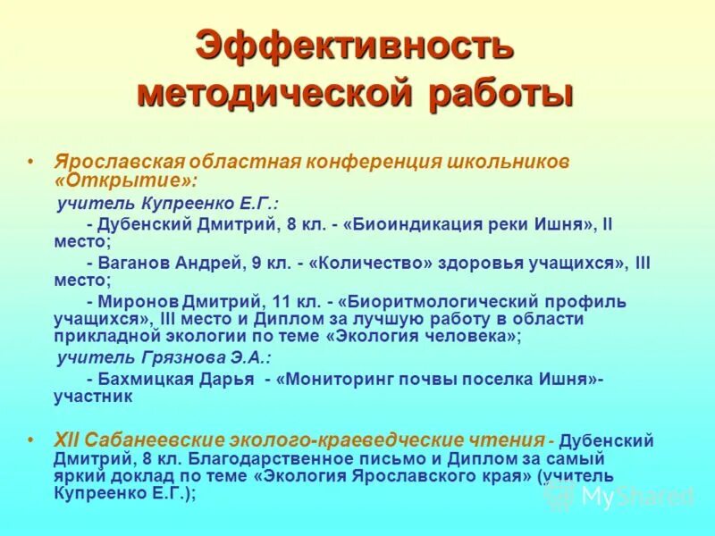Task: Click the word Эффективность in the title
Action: point(356,46)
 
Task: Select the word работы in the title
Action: point(497,93)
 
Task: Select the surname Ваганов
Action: point(139,263)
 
